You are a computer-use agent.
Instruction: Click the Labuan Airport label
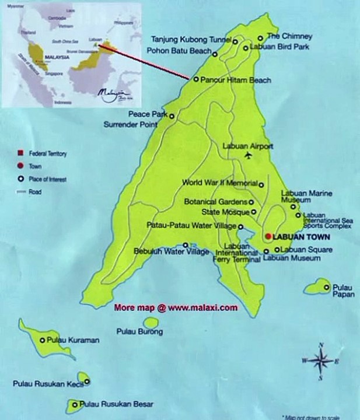click(248, 146)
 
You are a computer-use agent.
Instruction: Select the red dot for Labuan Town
click(268, 236)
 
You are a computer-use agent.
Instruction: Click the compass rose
click(320, 361)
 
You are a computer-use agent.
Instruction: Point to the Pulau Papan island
click(318, 286)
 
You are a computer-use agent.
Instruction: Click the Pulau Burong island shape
click(151, 323)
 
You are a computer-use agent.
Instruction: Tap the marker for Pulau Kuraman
click(42, 340)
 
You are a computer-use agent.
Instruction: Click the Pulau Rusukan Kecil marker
click(87, 383)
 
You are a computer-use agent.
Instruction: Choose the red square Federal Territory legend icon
click(20, 153)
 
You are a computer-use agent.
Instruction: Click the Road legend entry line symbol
click(20, 191)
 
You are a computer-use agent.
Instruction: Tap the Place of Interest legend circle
click(20, 178)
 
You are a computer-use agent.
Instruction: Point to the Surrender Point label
click(131, 124)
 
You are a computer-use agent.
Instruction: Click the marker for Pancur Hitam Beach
click(196, 79)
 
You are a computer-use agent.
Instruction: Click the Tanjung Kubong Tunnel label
click(191, 40)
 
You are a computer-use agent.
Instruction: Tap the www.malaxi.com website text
click(203, 307)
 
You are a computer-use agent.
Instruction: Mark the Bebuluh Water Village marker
click(186, 245)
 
